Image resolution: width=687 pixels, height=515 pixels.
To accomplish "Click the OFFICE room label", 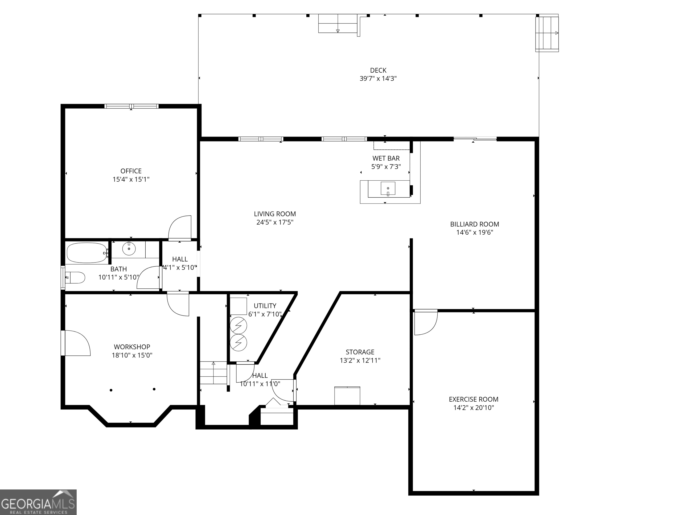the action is click(131, 171).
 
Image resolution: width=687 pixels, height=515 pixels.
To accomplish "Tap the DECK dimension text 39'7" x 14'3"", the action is click(378, 78).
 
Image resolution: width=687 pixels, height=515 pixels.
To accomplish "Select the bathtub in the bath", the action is click(87, 253).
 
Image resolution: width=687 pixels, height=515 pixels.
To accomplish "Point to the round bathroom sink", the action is click(129, 249).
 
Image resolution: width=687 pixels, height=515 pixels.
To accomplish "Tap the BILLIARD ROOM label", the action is click(475, 224).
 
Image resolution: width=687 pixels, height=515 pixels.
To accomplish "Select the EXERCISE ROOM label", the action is click(474, 399).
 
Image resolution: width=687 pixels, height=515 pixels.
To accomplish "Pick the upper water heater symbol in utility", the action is click(238, 326).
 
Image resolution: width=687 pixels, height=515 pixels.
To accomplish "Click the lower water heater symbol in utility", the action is click(238, 343).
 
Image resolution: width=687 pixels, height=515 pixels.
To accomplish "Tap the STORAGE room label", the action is click(360, 352).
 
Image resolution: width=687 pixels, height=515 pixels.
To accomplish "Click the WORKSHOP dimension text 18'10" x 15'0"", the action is click(132, 355).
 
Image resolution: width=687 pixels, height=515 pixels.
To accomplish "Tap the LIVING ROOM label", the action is click(275, 214).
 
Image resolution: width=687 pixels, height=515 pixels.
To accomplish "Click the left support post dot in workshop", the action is click(111, 390).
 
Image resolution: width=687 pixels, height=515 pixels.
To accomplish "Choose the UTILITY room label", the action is click(265, 306).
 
